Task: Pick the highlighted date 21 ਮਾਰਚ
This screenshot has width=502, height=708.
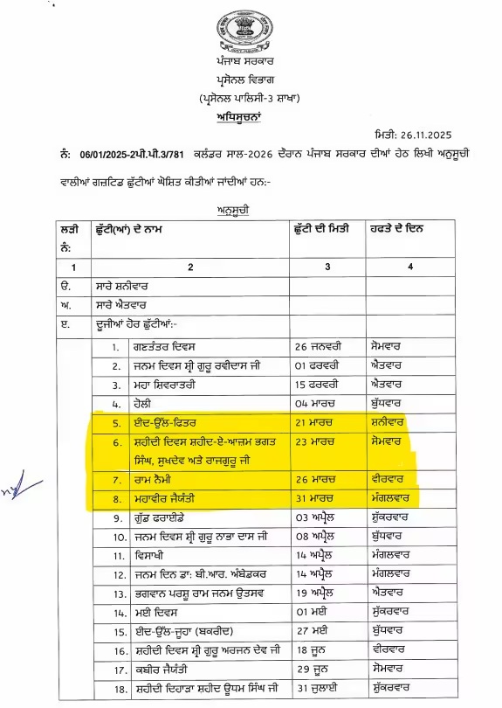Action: (x=316, y=422)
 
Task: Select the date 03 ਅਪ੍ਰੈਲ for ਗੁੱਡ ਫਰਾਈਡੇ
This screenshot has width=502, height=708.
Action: (x=317, y=520)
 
